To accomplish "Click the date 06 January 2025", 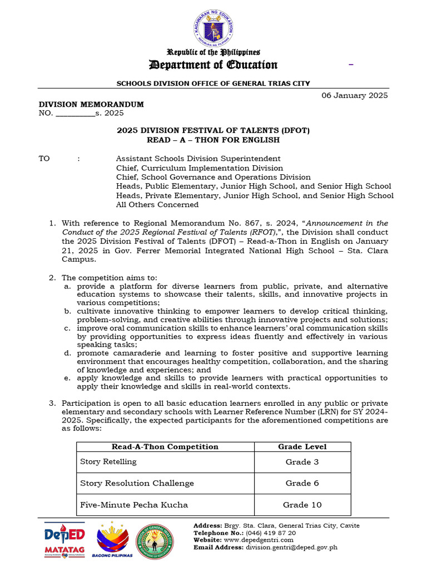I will [355, 95].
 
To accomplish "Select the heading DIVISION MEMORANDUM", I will [91, 104].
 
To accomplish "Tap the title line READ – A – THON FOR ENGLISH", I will [213, 140].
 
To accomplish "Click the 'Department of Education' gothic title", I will [213, 65].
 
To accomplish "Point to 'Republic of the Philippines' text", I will [213, 52].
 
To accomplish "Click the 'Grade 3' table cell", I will [302, 462].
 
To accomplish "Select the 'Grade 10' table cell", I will [302, 505].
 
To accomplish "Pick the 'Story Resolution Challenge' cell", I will [137, 483].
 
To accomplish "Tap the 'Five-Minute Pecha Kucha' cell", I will [134, 505].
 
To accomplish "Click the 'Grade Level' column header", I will [302, 446].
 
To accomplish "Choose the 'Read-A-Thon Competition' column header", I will [165, 446].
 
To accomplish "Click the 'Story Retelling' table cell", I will [108, 461].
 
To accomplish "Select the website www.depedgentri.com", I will [259, 540].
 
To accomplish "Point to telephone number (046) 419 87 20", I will [269, 533].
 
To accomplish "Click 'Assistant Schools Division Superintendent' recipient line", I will [198, 159].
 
